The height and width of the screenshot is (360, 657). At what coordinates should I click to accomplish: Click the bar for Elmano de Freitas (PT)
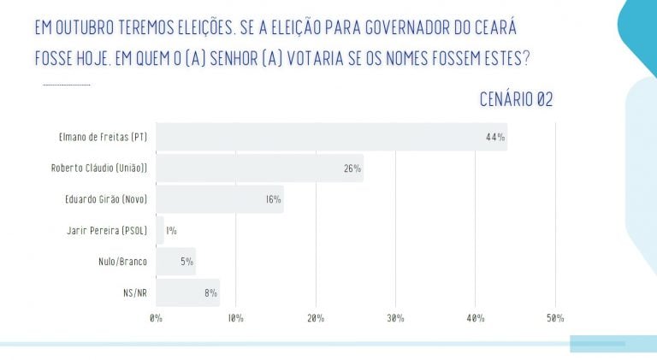[x=331, y=137]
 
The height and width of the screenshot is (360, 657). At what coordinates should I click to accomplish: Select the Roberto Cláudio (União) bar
[x=259, y=168]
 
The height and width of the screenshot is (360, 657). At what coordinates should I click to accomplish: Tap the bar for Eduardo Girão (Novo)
[x=219, y=199]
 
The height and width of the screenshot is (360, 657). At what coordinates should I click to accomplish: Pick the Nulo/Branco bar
[x=175, y=262]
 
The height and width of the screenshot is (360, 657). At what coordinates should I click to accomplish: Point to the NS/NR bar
[x=187, y=292]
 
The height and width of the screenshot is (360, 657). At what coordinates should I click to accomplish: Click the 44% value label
[x=494, y=137]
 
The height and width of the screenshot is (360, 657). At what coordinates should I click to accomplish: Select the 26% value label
[x=352, y=168]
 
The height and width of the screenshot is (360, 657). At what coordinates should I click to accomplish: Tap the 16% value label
[x=272, y=199]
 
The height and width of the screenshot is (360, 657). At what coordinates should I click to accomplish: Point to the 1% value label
[x=171, y=231]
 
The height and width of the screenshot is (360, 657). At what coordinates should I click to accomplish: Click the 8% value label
[x=208, y=293]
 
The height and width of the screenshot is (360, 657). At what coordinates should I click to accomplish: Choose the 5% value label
[x=186, y=262]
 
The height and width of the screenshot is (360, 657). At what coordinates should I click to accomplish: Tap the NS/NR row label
[x=135, y=293]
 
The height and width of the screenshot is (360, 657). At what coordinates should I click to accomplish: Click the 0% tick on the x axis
[x=156, y=318]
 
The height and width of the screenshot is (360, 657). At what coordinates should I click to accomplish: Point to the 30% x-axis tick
[x=396, y=318]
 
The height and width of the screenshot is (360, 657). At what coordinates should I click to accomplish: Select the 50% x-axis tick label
[x=555, y=318]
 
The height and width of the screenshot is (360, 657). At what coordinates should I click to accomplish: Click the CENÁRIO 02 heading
[x=516, y=100]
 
